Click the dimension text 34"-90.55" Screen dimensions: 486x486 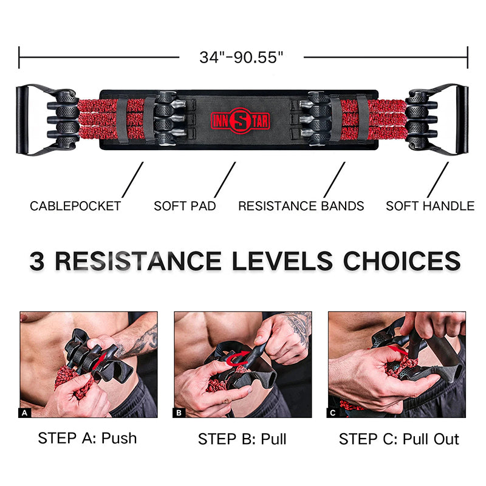click(x=241, y=57)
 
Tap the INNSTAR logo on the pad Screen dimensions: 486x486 click(x=240, y=120)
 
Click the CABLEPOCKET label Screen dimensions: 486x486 click(x=75, y=206)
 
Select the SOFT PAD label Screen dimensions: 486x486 click(x=185, y=206)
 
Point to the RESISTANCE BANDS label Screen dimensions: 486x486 click(x=301, y=206)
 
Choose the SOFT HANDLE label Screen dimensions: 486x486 click(x=430, y=206)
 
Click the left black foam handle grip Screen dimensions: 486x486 click(x=22, y=120)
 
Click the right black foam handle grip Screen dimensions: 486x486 click(x=462, y=120)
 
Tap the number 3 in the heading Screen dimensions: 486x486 click(x=37, y=261)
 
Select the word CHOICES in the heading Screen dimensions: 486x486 click(x=402, y=261)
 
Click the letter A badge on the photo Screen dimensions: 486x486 click(x=24, y=413)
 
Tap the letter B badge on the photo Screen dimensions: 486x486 click(x=179, y=413)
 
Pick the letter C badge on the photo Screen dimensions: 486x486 click(x=332, y=413)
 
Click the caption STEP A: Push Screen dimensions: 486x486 click(x=87, y=438)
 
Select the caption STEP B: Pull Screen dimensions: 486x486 click(x=242, y=439)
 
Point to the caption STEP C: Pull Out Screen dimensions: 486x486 click(x=399, y=439)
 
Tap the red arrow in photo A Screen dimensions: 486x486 click(x=101, y=360)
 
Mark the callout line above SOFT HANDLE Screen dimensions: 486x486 click(x=438, y=180)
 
